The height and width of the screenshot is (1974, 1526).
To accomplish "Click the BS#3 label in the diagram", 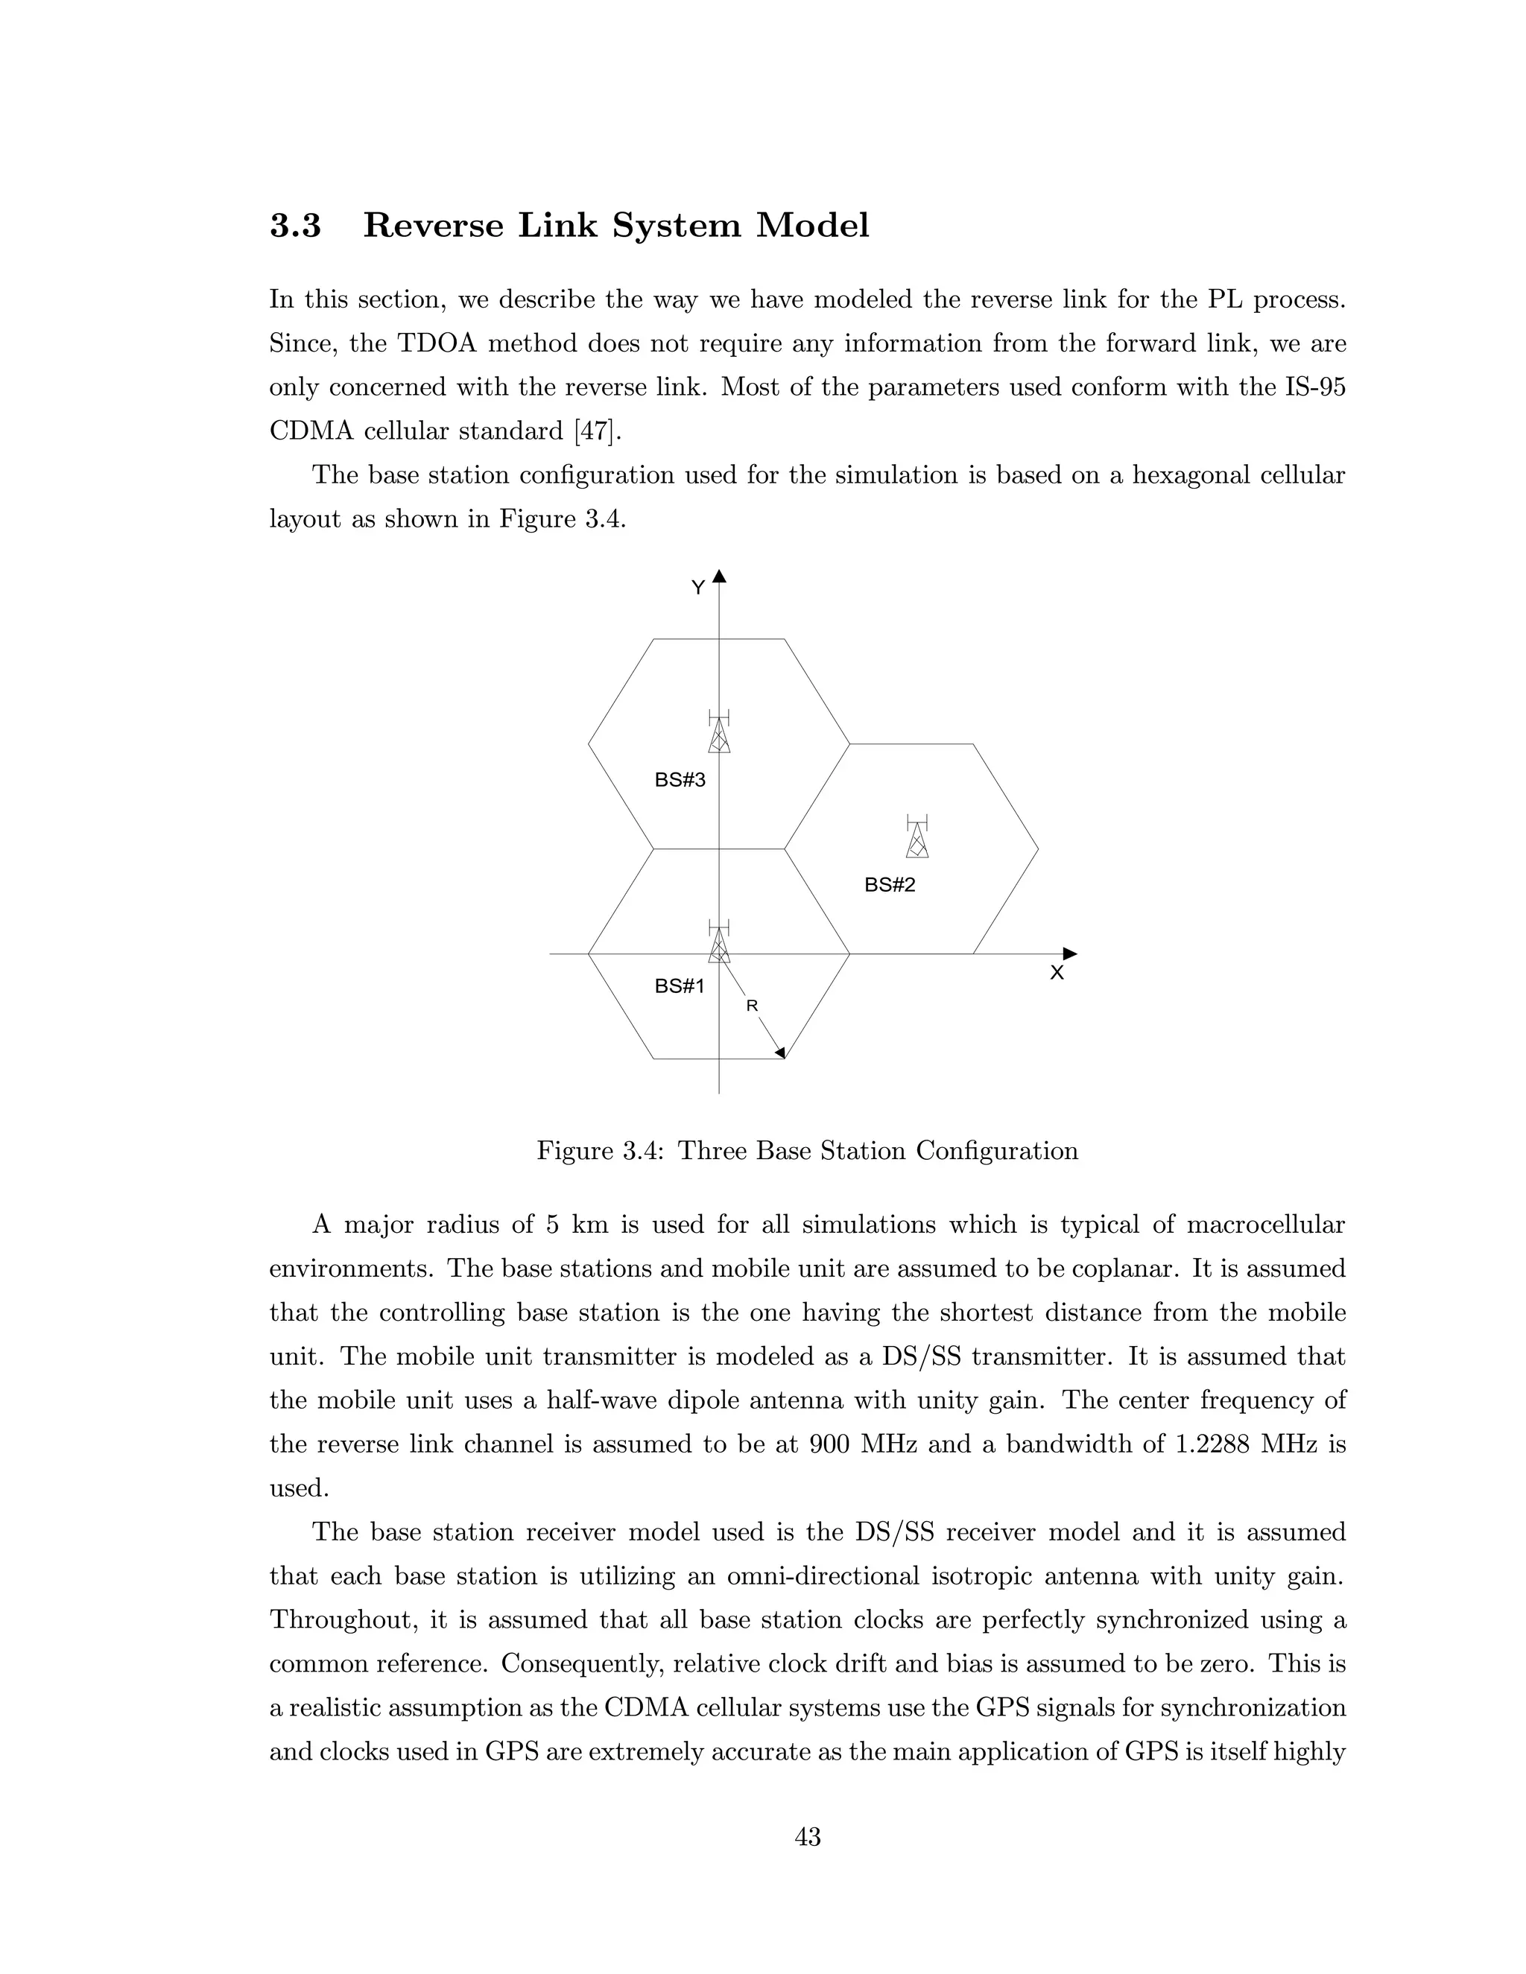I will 679,780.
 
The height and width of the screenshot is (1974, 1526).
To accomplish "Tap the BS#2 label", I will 890,885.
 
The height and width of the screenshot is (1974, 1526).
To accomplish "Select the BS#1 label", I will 679,987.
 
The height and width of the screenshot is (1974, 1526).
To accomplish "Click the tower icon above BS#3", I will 719,732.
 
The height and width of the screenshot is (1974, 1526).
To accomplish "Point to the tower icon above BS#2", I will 916,837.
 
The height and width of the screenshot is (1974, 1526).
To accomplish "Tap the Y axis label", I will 698,588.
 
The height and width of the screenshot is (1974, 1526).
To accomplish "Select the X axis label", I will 1056,974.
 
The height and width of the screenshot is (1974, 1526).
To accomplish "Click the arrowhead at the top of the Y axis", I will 719,576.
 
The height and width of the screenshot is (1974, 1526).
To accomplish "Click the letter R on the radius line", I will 751,1005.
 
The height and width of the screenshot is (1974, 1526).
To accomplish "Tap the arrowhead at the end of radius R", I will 780,1052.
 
